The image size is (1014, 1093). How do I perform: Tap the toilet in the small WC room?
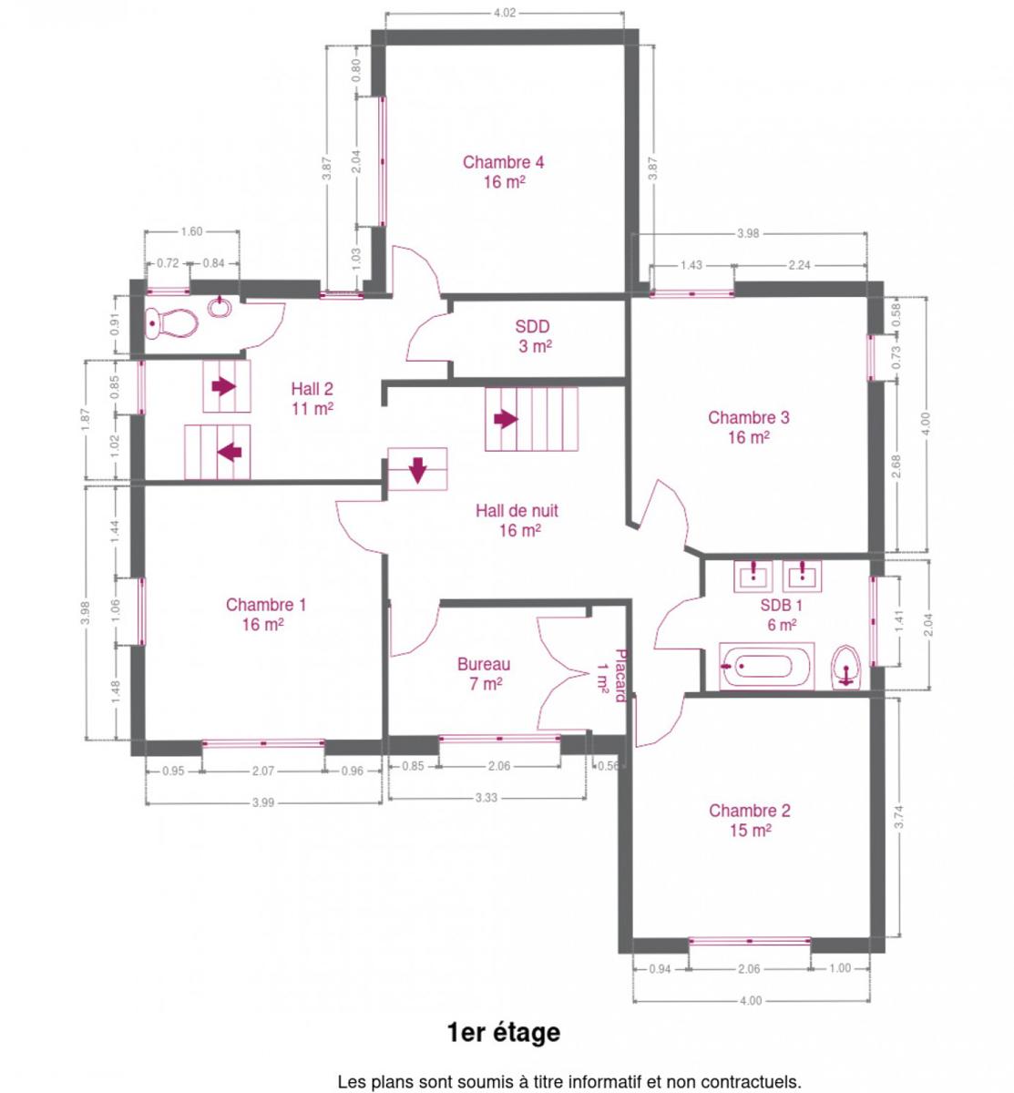tap(171, 322)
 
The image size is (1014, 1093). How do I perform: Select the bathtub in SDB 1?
tap(765, 666)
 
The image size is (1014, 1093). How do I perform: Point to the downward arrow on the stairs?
tap(418, 469)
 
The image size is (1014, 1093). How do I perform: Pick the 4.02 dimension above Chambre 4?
tap(504, 13)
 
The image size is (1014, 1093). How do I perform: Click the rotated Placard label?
tap(619, 675)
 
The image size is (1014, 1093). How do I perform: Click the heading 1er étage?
tap(503, 1033)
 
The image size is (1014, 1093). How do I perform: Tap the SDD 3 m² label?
tap(533, 336)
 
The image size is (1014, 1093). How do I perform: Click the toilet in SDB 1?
tap(846, 667)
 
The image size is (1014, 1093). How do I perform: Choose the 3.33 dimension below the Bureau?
tap(487, 797)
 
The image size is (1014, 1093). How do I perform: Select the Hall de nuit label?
tap(517, 520)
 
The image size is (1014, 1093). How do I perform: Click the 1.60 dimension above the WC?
tap(191, 231)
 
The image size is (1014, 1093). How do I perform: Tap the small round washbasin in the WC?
tap(220, 307)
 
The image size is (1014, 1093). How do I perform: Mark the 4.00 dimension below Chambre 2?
tap(751, 1000)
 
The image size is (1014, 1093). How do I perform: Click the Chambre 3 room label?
tap(748, 426)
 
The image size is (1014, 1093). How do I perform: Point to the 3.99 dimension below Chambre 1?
tap(262, 802)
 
